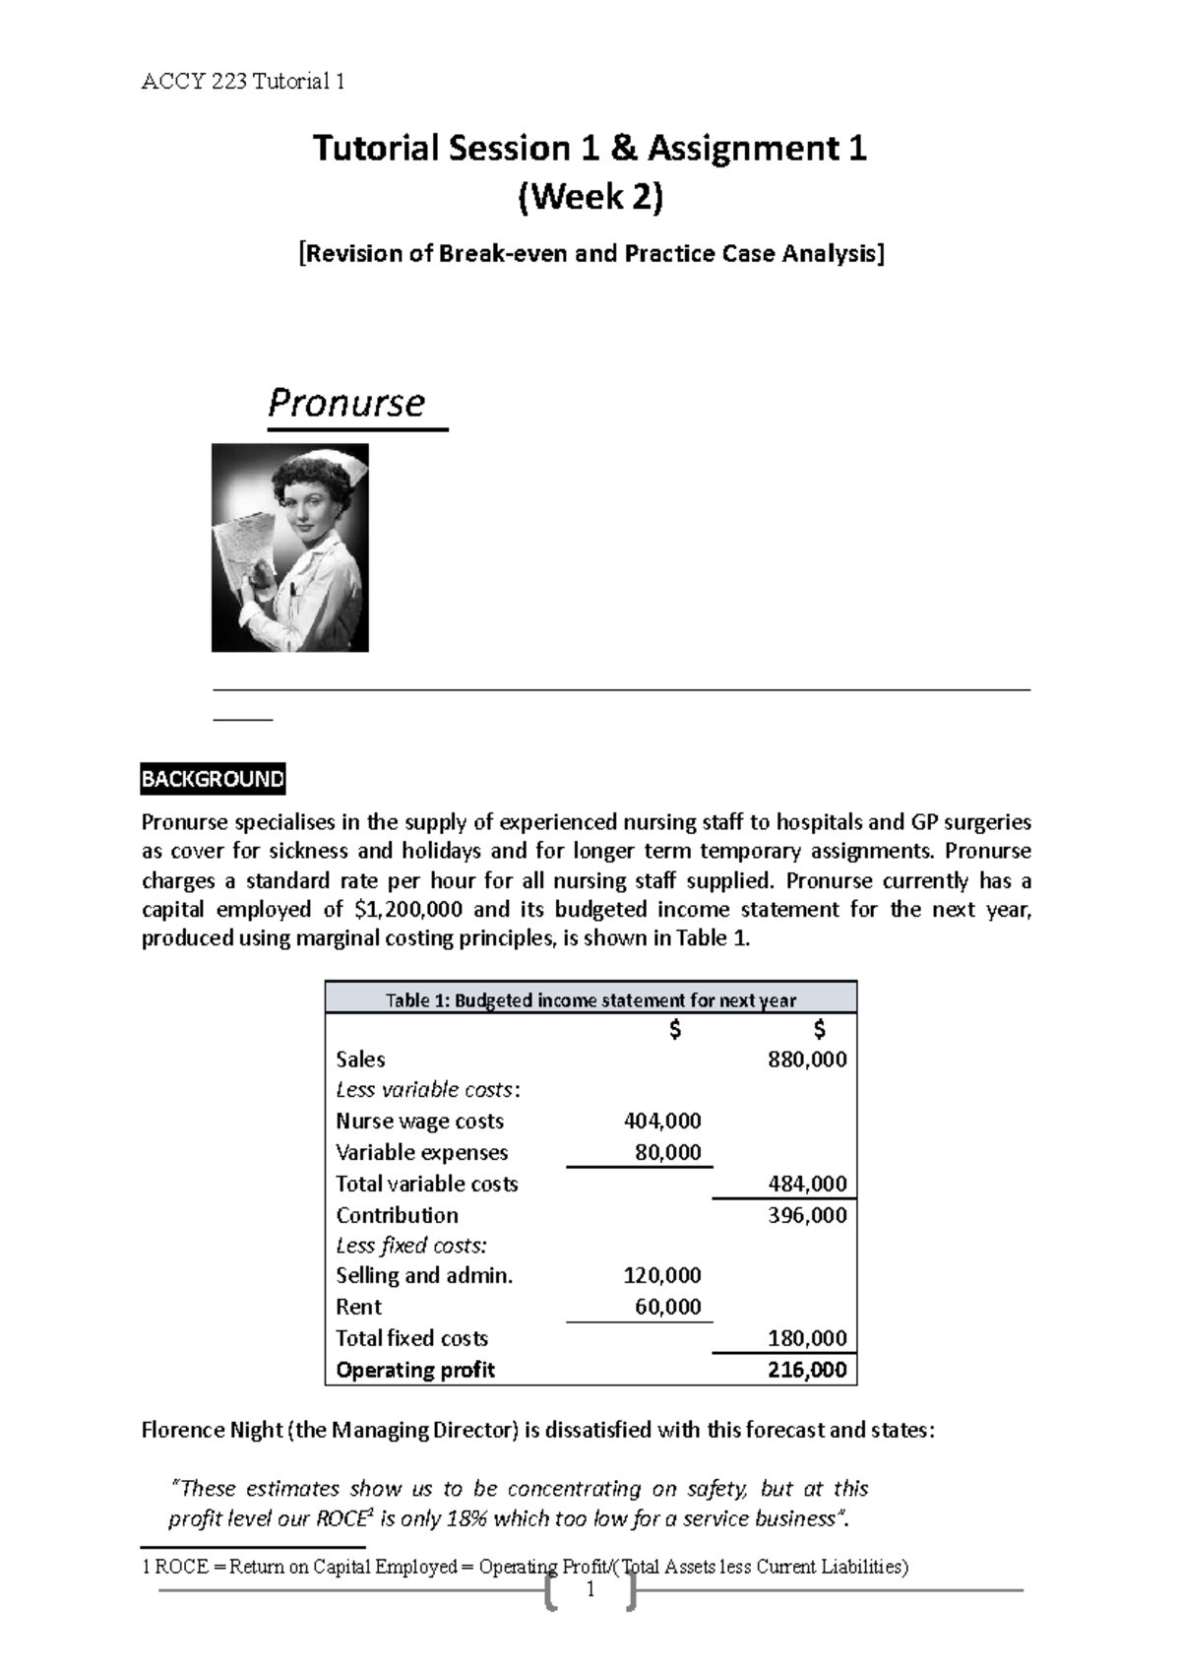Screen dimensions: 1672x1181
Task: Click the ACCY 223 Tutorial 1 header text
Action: point(243,82)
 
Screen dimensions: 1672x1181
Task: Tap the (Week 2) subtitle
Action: point(590,198)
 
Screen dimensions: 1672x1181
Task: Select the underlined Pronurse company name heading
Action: point(346,403)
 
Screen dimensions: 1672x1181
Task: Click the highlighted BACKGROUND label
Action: point(213,780)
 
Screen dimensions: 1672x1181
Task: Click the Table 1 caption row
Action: point(590,999)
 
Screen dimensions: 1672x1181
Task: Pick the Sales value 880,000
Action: point(806,1060)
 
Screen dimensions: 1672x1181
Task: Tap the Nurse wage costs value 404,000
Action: point(662,1121)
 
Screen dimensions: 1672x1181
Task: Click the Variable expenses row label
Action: point(421,1152)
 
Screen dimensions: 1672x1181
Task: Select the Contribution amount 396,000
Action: point(806,1215)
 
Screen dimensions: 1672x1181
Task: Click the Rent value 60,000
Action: point(668,1307)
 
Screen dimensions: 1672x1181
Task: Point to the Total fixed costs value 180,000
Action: point(806,1338)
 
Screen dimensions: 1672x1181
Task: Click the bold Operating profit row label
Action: point(414,1370)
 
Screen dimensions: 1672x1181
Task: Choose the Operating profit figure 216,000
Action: point(806,1370)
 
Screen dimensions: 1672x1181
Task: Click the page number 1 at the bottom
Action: point(590,1590)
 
